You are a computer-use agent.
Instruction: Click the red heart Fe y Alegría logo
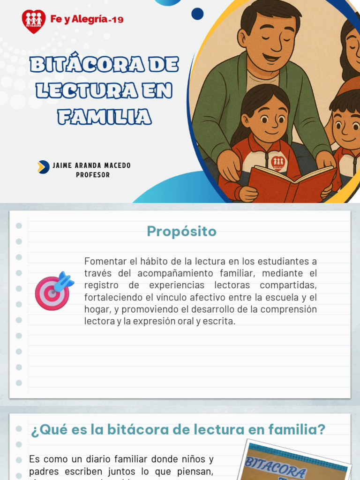pos(34,21)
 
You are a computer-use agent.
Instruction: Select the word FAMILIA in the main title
pos(105,116)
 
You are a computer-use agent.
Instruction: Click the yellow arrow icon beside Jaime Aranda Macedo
pos(43,167)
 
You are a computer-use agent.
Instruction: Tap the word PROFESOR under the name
pos(93,175)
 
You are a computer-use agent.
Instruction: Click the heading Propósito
pos(181,231)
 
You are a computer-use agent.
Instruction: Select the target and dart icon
pos(54,291)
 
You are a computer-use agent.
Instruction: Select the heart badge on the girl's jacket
pos(278,162)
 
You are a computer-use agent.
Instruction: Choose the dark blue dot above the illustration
pos(198,14)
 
